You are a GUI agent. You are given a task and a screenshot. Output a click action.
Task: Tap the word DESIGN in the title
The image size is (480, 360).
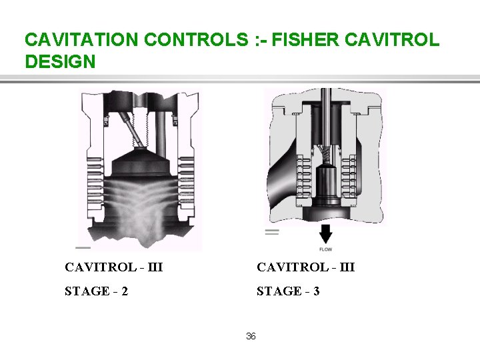60,62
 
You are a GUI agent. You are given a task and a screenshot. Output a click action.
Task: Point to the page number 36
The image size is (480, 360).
251,336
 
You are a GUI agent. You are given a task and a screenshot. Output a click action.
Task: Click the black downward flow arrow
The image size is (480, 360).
325,234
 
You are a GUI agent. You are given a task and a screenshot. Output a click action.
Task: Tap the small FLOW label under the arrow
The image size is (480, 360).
325,249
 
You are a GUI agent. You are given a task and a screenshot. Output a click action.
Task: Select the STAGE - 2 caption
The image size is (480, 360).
97,291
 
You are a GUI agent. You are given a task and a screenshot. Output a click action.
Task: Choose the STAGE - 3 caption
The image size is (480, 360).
288,291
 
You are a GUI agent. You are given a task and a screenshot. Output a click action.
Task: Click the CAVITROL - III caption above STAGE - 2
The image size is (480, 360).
113,267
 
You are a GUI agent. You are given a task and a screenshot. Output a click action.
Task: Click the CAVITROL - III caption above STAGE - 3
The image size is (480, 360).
306,267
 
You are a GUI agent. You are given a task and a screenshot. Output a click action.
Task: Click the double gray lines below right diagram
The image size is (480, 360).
271,232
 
